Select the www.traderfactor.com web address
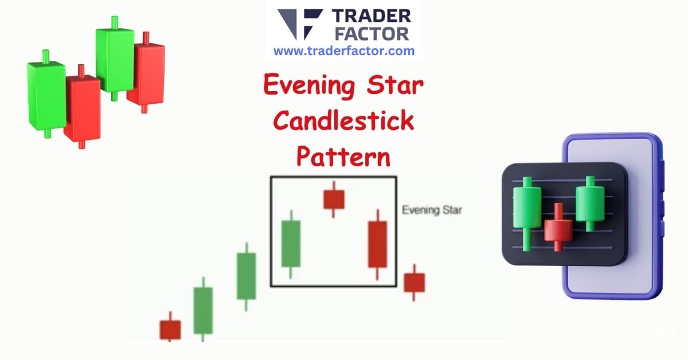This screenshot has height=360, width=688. (x=343, y=50)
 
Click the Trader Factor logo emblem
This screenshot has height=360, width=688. (x=299, y=25)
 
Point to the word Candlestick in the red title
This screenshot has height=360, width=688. (x=343, y=121)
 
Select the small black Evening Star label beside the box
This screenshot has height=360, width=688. (x=432, y=210)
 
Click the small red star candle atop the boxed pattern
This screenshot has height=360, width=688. (x=334, y=199)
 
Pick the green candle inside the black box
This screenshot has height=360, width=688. (x=291, y=243)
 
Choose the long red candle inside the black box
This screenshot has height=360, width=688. (x=377, y=244)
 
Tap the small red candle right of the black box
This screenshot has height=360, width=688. (x=414, y=282)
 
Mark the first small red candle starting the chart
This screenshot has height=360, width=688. (x=170, y=329)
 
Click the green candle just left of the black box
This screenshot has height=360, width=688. (x=247, y=276)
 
